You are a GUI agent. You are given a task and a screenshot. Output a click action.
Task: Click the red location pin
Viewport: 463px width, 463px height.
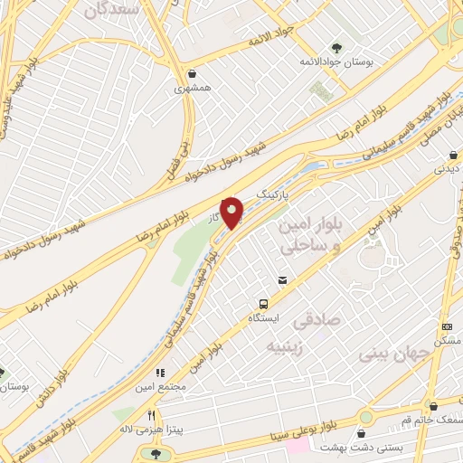click(x=232, y=213)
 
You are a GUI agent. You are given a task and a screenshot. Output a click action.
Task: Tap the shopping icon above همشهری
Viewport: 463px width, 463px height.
click(x=192, y=74)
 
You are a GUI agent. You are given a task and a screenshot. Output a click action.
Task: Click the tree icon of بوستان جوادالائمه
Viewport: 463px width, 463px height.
click(x=336, y=47)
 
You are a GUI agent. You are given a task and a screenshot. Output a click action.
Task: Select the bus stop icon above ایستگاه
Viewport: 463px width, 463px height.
click(x=264, y=304)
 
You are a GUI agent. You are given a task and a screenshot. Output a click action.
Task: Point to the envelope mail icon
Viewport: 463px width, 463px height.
click(x=283, y=281)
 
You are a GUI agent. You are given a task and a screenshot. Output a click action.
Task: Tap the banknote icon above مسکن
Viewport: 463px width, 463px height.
click(x=447, y=326)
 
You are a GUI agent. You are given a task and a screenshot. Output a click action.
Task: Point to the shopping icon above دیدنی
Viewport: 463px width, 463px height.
click(x=440, y=153)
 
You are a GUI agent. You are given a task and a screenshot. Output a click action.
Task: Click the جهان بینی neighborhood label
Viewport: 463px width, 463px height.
click(x=390, y=352)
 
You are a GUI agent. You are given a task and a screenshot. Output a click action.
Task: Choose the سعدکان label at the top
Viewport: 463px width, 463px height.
click(x=113, y=11)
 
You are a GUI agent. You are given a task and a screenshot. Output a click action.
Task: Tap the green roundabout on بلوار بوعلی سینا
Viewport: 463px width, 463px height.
click(x=366, y=417)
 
